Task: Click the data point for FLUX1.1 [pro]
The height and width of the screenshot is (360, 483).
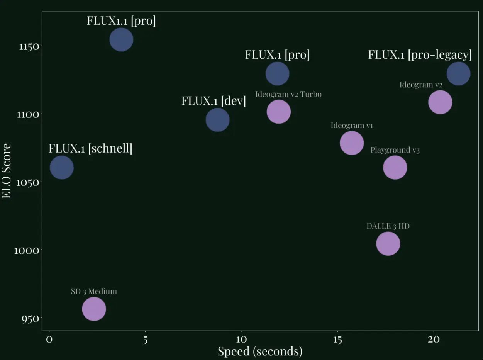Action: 121,39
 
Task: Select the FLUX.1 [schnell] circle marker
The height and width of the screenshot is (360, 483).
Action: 62,168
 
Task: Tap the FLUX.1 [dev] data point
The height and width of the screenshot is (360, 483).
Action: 218,120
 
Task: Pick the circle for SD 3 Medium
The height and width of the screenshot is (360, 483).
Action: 94,309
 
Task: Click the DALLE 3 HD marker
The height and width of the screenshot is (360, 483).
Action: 388,244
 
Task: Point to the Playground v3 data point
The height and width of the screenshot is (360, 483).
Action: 395,168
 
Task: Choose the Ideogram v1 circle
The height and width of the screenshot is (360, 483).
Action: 352,143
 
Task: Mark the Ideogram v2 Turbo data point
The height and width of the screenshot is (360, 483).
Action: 278,112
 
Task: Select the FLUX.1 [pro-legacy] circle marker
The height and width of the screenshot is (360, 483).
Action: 458,73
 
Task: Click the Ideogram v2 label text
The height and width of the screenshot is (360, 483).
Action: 421,85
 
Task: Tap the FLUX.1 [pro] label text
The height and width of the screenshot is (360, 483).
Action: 277,55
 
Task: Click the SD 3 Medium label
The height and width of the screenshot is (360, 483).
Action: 94,292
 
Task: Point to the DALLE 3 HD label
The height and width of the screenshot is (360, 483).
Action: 388,226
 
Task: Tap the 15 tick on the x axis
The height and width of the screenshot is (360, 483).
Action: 337,340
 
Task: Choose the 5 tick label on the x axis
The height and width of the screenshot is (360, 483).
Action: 145,340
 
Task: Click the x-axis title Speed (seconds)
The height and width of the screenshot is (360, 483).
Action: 260,352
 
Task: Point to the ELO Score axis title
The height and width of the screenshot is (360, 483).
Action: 7,171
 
